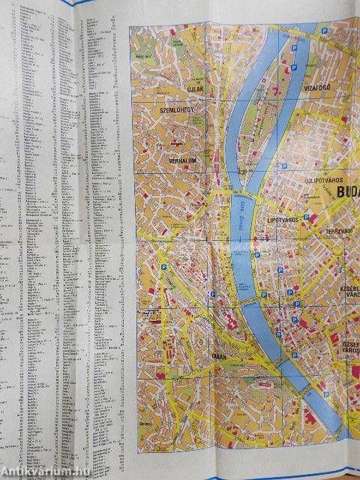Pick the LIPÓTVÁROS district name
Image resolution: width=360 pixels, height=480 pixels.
283,220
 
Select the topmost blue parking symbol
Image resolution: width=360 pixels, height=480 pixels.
324,31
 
